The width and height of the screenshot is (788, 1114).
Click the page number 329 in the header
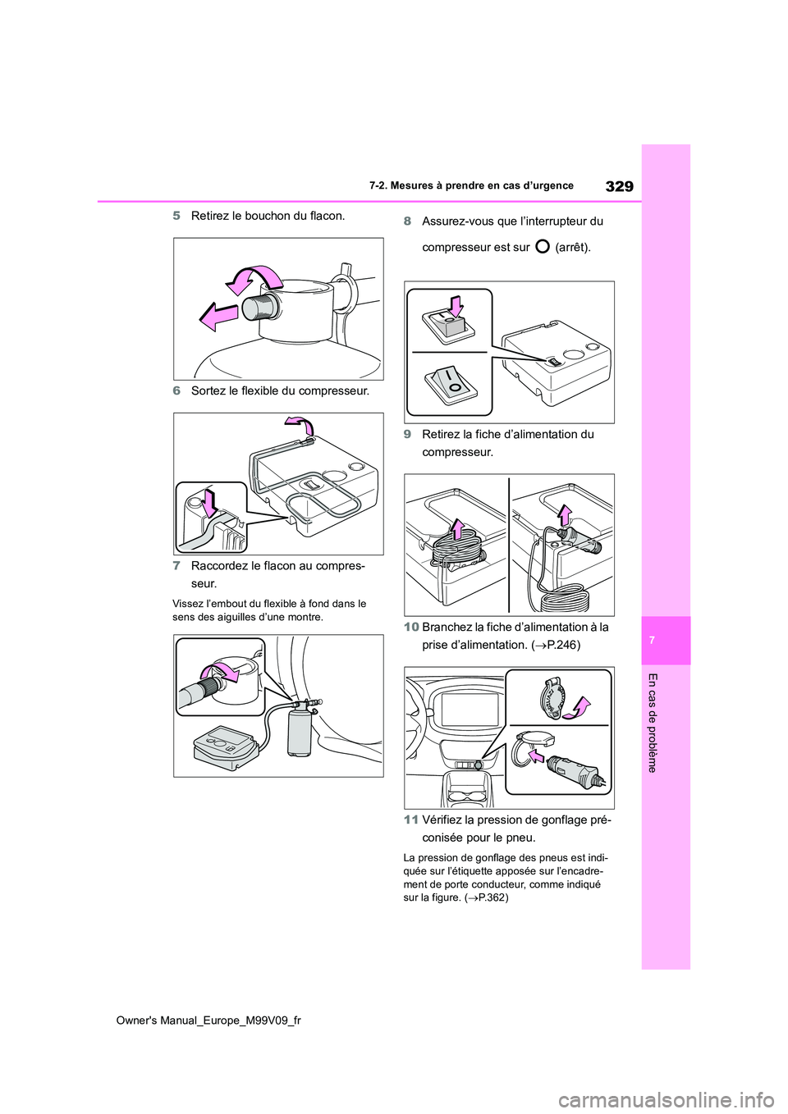(619, 186)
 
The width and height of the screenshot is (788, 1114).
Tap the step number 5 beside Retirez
(176, 216)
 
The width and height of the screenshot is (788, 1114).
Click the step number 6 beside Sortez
(176, 390)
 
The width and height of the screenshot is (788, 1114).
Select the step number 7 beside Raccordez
(176, 566)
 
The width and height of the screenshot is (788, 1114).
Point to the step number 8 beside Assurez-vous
(407, 221)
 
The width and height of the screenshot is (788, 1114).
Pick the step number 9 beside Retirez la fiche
(407, 434)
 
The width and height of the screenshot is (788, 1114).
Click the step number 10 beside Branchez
(410, 627)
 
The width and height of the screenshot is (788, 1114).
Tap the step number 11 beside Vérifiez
(410, 820)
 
